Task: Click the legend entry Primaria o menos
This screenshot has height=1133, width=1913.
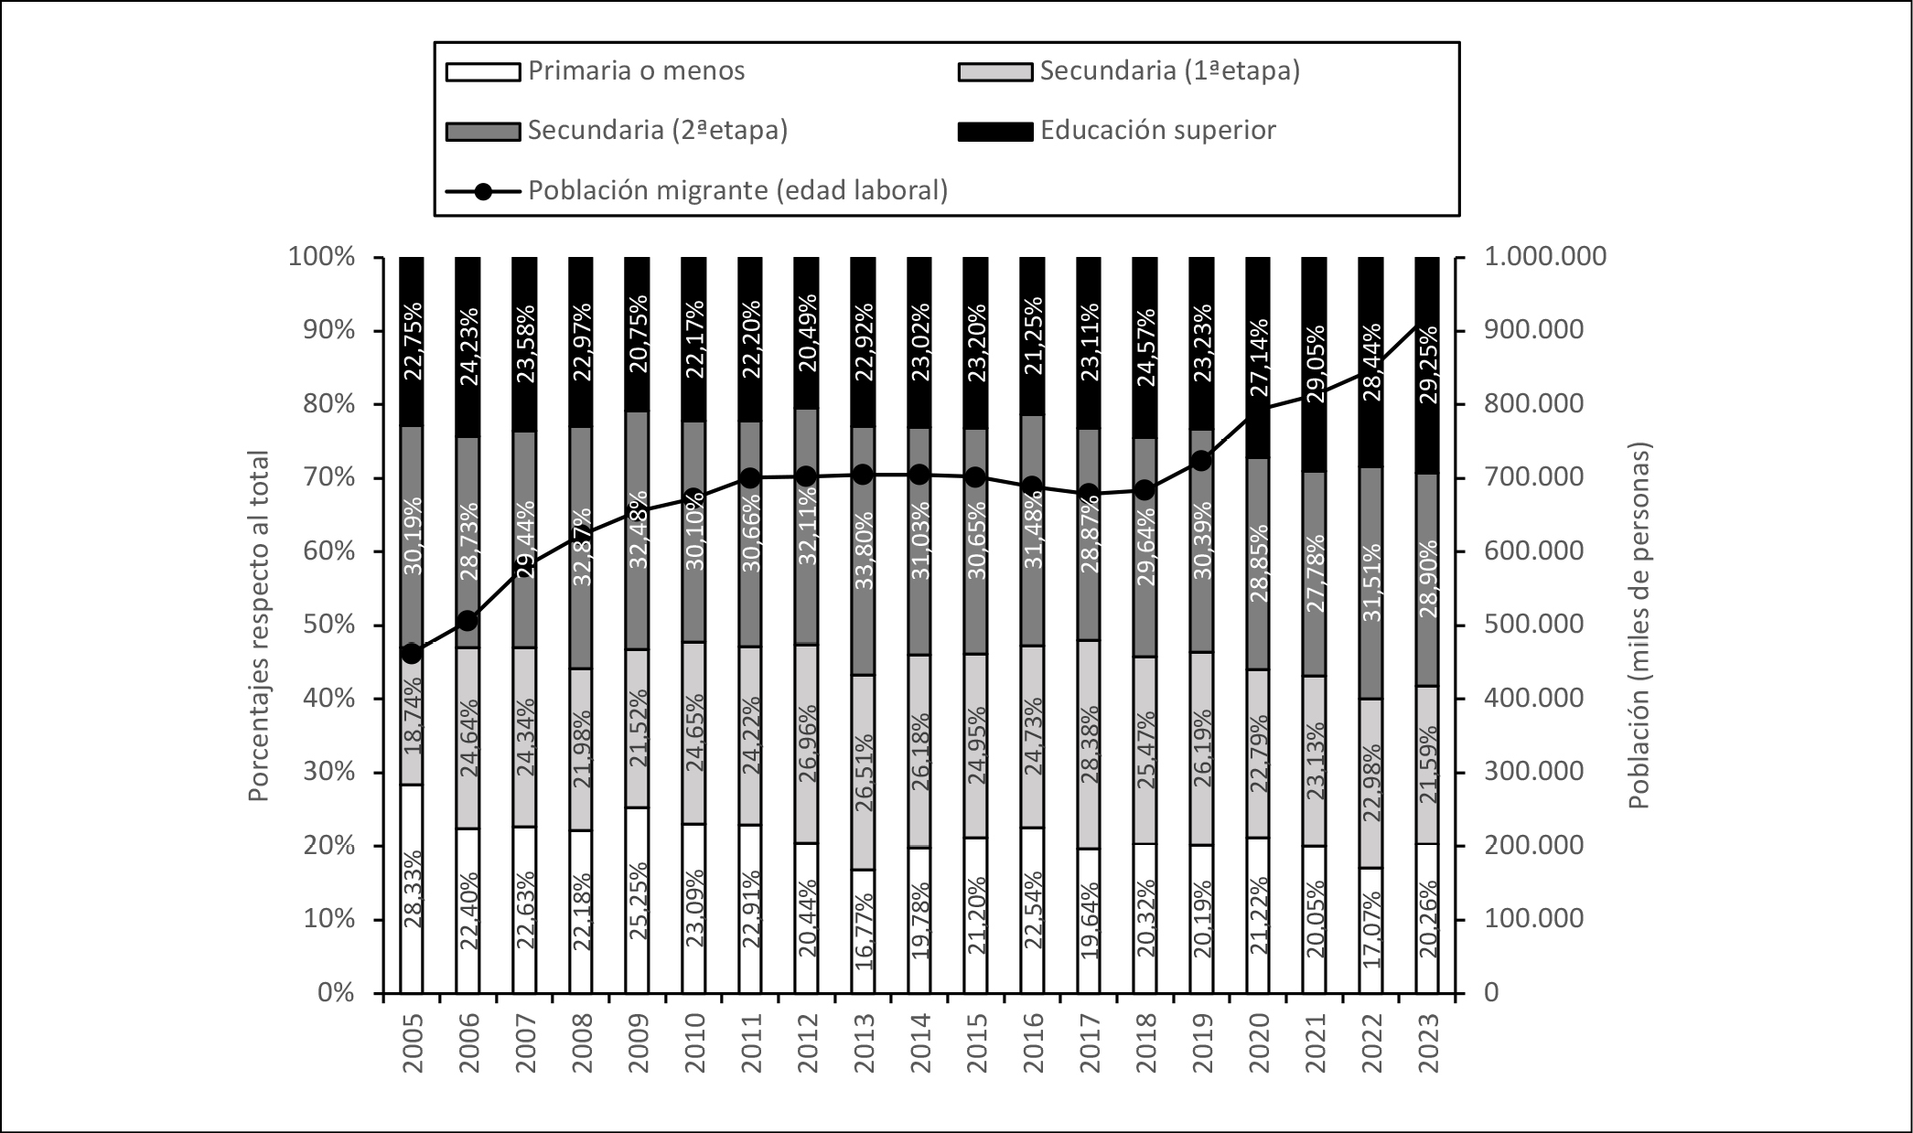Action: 636,71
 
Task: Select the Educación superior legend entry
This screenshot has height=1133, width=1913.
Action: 1157,131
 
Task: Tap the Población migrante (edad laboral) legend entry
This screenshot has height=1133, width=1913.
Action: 737,191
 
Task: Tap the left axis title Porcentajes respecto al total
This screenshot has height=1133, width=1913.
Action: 260,625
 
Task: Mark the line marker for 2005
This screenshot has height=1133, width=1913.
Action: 412,654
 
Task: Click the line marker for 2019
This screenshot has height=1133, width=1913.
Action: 1202,461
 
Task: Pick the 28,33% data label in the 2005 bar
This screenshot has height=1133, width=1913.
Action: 413,889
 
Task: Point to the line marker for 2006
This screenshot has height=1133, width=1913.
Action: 468,621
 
